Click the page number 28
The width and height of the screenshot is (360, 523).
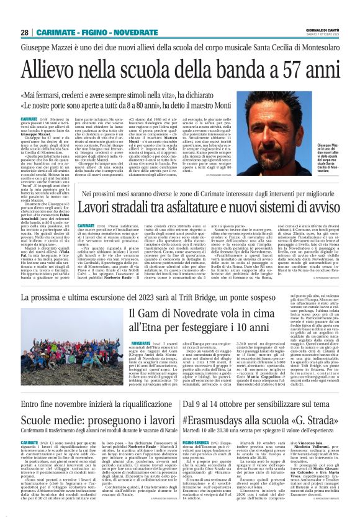pos(24,32)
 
